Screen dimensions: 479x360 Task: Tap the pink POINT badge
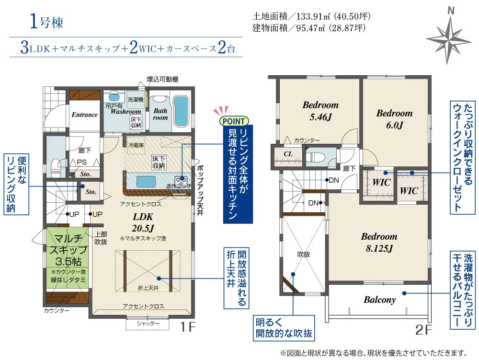click(x=234, y=121)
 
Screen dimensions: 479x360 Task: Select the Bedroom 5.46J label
click(x=320, y=111)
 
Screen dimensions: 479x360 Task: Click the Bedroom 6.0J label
click(x=394, y=119)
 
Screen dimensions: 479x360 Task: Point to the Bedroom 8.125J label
click(x=379, y=243)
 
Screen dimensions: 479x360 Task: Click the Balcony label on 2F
click(x=379, y=300)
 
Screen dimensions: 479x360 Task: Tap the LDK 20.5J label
click(x=143, y=222)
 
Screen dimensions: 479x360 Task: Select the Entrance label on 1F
click(x=85, y=115)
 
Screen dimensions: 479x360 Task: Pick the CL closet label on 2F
click(x=288, y=154)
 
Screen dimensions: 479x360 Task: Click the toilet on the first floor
click(x=56, y=167)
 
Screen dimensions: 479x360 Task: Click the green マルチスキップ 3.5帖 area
click(x=68, y=258)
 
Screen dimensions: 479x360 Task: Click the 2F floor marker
click(x=424, y=330)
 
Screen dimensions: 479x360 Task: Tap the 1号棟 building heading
click(x=46, y=23)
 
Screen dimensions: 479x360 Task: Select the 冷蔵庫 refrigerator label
click(x=136, y=145)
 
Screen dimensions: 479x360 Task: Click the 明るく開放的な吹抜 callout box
click(x=284, y=328)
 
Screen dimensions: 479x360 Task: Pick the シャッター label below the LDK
click(x=148, y=324)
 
